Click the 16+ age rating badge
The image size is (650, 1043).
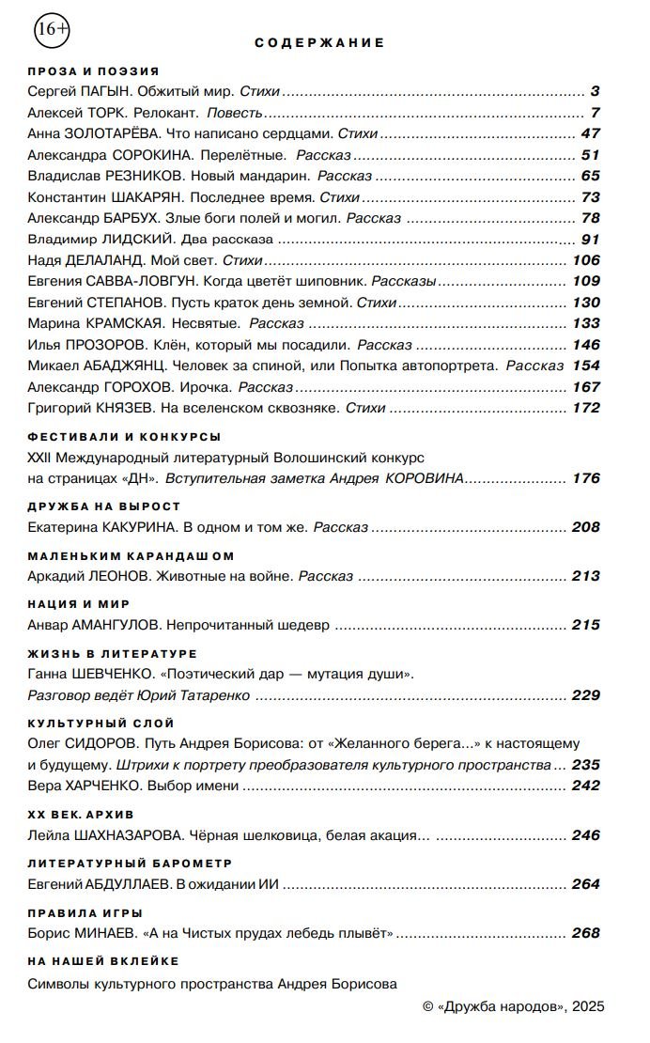[x=52, y=30]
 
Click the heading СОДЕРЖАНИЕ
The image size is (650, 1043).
[x=319, y=42]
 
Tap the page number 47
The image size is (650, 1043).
[x=590, y=133]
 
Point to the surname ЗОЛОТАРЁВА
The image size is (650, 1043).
[x=122, y=133]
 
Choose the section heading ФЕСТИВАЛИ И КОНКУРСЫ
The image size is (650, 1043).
[x=124, y=437]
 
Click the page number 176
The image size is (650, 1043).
[x=585, y=478]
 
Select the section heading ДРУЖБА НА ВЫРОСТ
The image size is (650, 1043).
[x=104, y=506]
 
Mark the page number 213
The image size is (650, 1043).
[x=585, y=576]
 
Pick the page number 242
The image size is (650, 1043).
[x=585, y=786]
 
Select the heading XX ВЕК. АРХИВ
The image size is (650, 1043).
[x=82, y=813]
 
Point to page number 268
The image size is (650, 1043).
[x=585, y=933]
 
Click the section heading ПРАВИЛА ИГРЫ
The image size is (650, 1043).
[x=85, y=911]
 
